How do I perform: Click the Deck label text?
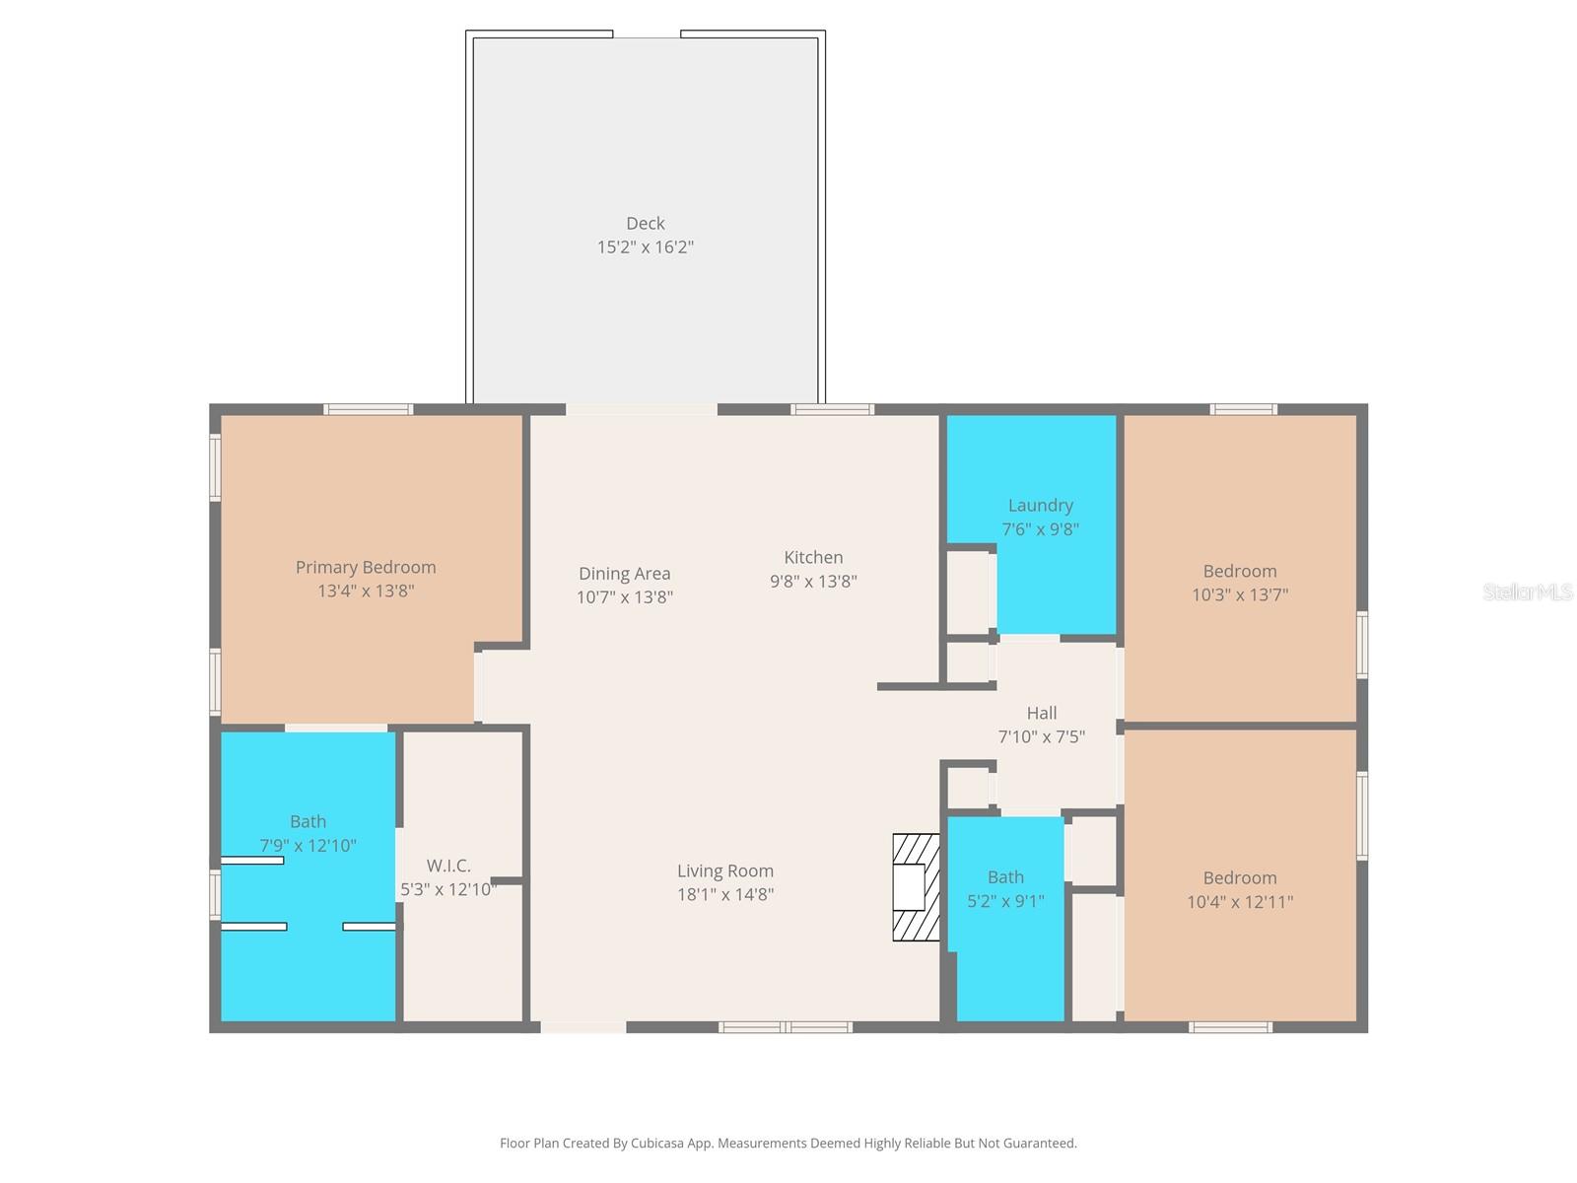(x=646, y=224)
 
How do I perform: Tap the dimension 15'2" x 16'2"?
(x=646, y=247)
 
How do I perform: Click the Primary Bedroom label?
(x=366, y=567)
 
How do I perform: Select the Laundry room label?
(x=1040, y=505)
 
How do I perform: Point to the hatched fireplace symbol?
(x=916, y=887)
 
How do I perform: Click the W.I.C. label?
(x=448, y=866)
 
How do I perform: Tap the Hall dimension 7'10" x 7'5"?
(x=1041, y=736)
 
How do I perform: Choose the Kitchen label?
(x=813, y=557)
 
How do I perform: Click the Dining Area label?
(x=624, y=573)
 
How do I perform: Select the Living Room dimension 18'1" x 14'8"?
(x=724, y=894)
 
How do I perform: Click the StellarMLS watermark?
(x=1528, y=591)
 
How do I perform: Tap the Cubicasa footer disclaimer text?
(x=788, y=1144)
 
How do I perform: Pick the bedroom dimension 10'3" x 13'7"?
(x=1239, y=594)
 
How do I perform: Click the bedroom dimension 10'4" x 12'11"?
(x=1239, y=901)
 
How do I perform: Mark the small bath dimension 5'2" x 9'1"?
(x=1005, y=900)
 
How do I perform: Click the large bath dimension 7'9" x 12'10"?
(x=308, y=845)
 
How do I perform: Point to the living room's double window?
(x=786, y=1027)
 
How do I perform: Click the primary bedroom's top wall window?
(x=369, y=409)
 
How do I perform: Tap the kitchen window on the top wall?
(x=832, y=409)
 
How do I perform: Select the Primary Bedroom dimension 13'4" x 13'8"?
(x=366, y=591)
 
